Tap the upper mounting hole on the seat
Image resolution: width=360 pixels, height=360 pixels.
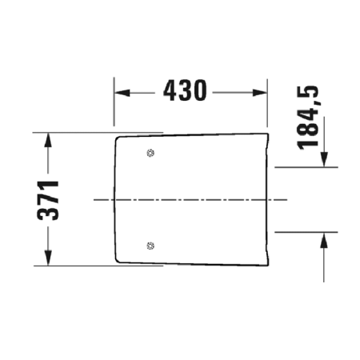pyautogui.click(x=150, y=153)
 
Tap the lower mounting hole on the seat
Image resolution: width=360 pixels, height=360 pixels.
pyautogui.click(x=150, y=245)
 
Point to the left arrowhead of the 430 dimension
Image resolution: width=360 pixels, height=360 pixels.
pyautogui.click(x=119, y=92)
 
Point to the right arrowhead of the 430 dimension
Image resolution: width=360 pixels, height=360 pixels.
pyautogui.click(x=261, y=92)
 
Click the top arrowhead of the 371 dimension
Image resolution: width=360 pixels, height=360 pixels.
pyautogui.click(x=49, y=138)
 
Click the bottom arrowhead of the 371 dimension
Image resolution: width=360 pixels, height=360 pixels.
pyautogui.click(x=49, y=259)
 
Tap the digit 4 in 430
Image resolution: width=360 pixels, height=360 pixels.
pyautogui.click(x=172, y=91)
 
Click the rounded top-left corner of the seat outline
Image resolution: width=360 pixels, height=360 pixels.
pyautogui.click(x=118, y=139)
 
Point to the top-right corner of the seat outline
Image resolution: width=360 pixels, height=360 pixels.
pyautogui.click(x=266, y=132)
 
